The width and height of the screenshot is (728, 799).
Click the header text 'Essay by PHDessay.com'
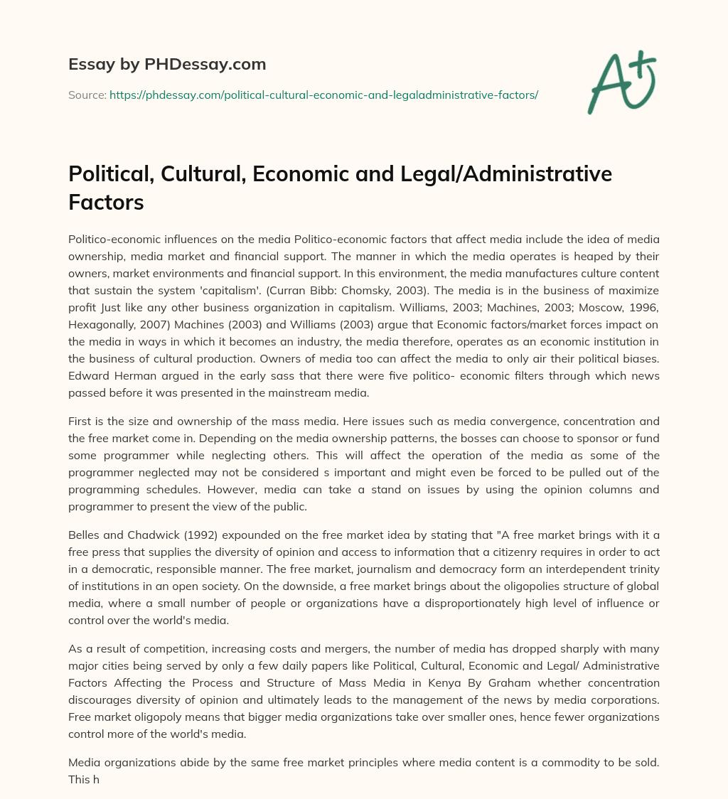coord(167,64)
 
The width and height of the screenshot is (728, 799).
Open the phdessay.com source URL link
coord(323,95)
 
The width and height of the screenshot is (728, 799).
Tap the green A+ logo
coord(621,82)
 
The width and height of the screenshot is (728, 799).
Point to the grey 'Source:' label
coord(87,95)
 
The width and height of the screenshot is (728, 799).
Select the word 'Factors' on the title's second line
coord(106,203)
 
